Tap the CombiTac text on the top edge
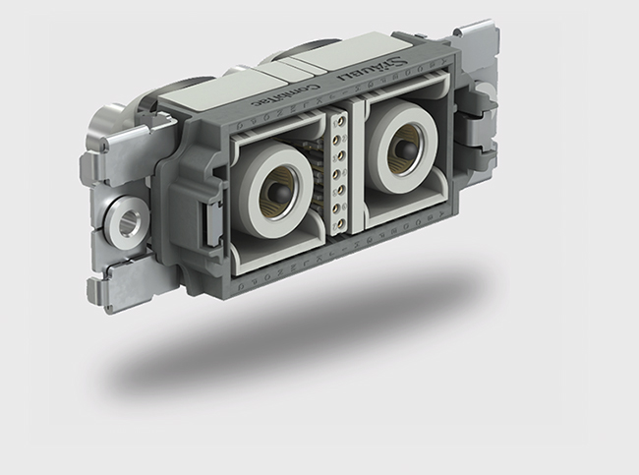tap(278, 96)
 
